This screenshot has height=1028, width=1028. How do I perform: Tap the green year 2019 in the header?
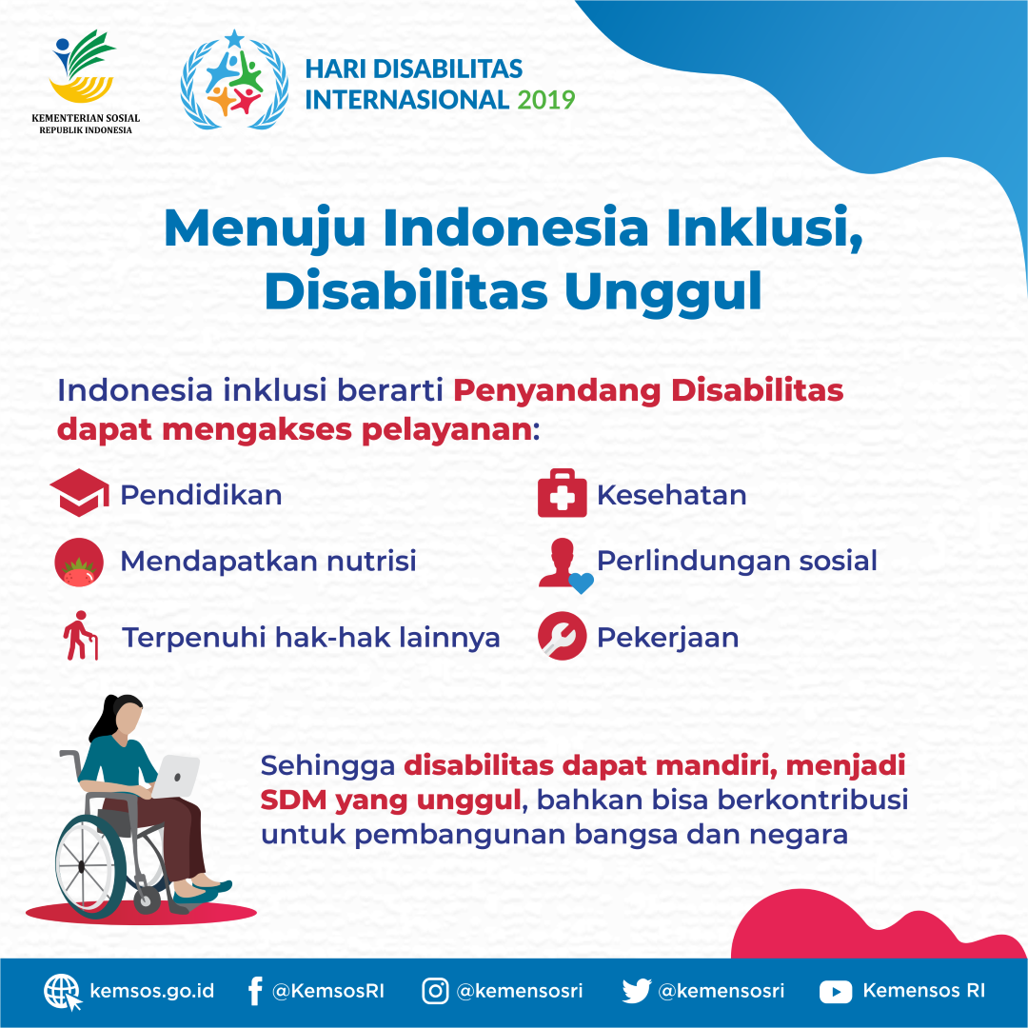(546, 99)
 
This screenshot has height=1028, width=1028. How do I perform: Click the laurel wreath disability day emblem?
(234, 79)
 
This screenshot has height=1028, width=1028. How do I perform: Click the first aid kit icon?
(562, 493)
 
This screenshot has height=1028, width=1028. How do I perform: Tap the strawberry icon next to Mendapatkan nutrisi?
(79, 562)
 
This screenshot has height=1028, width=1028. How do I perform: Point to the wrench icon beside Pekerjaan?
(562, 636)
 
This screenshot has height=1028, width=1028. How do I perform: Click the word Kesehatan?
(671, 495)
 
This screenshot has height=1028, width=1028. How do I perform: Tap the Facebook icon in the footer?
(254, 991)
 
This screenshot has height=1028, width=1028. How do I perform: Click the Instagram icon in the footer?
(435, 991)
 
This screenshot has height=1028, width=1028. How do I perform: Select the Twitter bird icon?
(636, 991)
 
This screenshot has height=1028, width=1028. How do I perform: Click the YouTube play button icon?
(836, 992)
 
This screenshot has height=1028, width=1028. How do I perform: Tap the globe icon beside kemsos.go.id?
(62, 992)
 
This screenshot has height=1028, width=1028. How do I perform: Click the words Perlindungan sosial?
(737, 561)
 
